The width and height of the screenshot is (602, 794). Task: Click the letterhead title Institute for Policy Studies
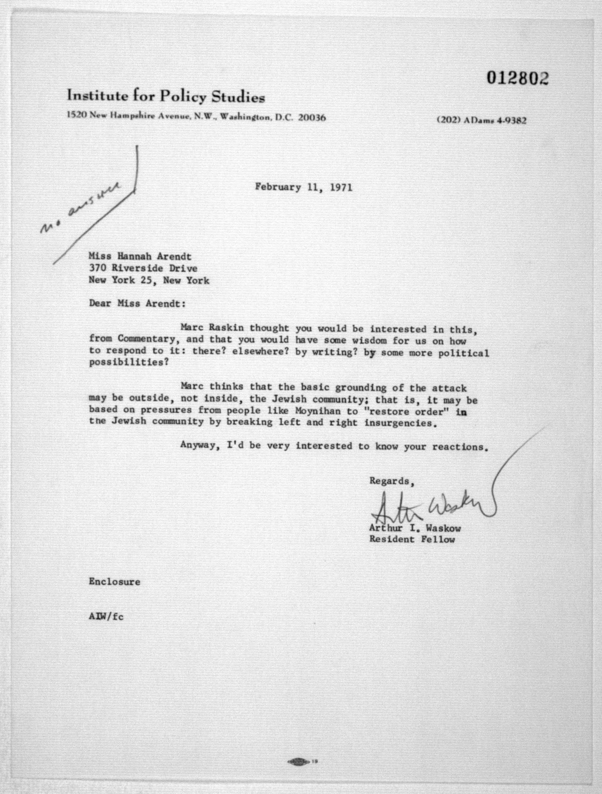point(166,96)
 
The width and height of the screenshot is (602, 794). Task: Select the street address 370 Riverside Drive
point(143,268)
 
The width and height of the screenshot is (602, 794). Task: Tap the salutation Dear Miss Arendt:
point(137,303)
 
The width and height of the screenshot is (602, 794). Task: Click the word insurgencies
point(401,423)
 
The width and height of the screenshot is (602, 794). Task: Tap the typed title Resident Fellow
point(412,539)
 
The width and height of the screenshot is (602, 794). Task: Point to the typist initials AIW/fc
point(106,617)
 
